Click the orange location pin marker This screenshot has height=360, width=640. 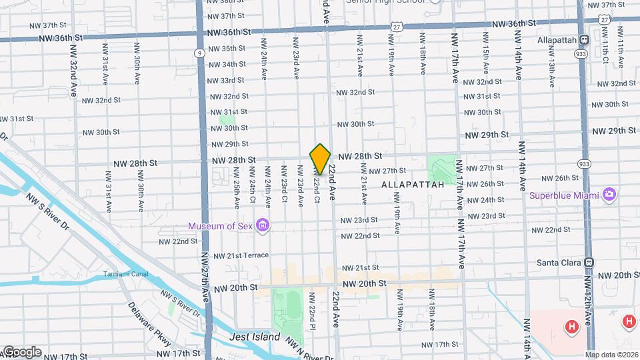pos(320,159)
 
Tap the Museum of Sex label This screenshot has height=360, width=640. pos(221,226)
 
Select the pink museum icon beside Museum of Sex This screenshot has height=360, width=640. pos(263,225)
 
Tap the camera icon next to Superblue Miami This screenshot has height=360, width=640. pos(609,195)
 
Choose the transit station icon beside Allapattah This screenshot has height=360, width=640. pos(584,40)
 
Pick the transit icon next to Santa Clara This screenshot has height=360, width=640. pos(589,263)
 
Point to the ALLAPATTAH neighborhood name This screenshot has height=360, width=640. pos(413,184)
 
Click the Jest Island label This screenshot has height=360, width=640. pos(255,337)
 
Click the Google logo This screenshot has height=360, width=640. pos(21,352)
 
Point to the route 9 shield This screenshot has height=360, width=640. pos(199,53)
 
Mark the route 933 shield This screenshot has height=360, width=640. pos(585,163)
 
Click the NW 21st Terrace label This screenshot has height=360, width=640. pos(241,255)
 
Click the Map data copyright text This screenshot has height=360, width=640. pos(613,355)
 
